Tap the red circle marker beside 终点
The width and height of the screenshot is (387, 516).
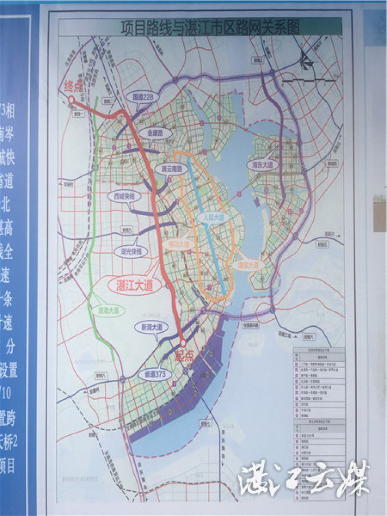pos(71,99)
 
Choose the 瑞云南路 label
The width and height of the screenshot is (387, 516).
pos(168,169)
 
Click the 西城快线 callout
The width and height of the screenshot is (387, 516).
pos(123,196)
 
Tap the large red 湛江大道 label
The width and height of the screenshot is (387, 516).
pos(135,285)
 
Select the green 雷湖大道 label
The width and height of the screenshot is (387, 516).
pos(108,310)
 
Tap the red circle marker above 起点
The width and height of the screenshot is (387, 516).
pos(183,342)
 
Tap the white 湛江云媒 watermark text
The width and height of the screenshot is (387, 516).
pos(304,478)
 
